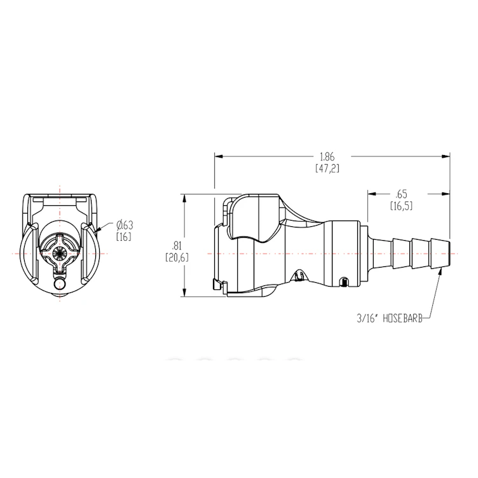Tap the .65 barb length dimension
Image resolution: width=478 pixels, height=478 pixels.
(x=400, y=195)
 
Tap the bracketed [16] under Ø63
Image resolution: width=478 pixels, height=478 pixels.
(x=123, y=236)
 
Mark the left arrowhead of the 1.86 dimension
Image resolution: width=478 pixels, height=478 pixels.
(x=217, y=155)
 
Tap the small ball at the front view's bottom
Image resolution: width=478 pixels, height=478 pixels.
(x=60, y=285)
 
